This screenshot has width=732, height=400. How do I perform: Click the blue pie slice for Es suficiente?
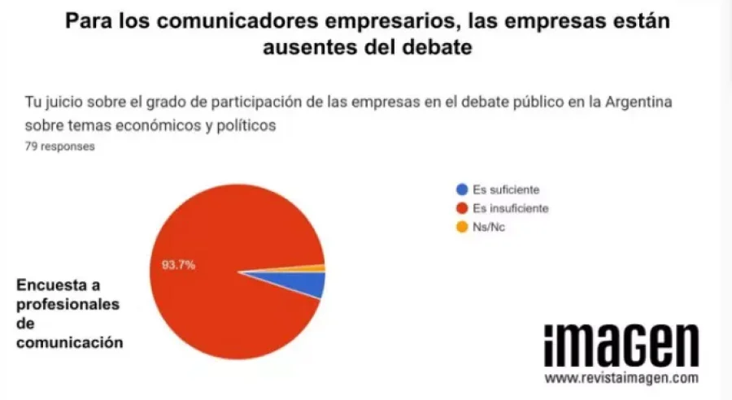(305, 283)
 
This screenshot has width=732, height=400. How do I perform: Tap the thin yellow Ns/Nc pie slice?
(318, 267)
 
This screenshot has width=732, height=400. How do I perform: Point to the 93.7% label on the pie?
(177, 265)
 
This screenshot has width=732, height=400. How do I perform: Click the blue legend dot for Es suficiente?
(461, 189)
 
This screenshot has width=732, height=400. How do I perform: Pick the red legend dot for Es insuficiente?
(461, 208)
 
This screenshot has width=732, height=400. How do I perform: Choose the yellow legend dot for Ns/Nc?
(461, 227)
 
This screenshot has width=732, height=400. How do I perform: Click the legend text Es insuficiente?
(510, 208)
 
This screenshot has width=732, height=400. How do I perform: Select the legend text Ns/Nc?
(489, 227)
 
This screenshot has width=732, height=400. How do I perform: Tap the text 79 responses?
(60, 147)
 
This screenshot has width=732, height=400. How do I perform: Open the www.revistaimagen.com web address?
(621, 379)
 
